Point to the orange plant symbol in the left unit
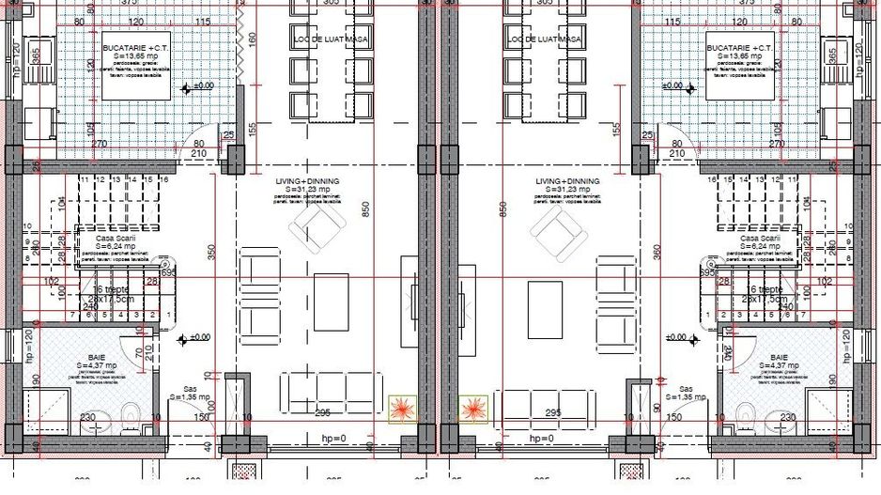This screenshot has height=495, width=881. click(400, 409)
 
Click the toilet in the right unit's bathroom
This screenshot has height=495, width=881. click(747, 410)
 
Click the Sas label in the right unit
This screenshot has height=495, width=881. click(686, 388)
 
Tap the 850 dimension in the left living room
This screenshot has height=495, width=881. click(366, 209)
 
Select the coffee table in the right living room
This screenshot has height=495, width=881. click(545, 309)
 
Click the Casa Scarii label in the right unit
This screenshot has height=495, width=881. click(760, 239)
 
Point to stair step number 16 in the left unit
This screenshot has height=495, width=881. click(163, 178)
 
